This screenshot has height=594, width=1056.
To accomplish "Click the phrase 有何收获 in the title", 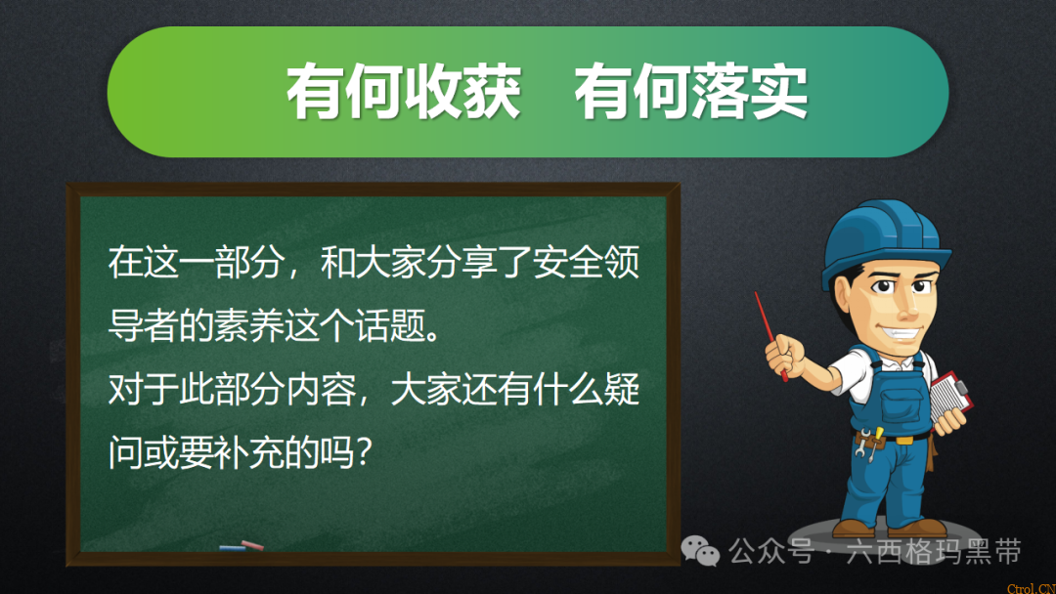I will click(x=402, y=93).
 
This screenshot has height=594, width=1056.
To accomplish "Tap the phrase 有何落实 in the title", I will click(x=690, y=93).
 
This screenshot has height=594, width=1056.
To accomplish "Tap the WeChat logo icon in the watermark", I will click(x=701, y=552).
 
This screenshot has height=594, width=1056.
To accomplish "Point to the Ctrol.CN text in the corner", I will click(x=1031, y=587).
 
